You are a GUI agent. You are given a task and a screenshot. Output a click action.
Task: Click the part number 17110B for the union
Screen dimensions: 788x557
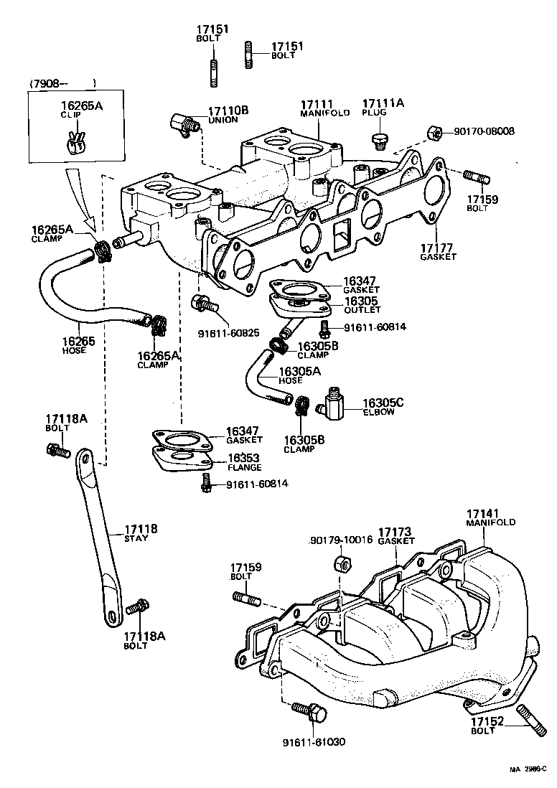[228, 111]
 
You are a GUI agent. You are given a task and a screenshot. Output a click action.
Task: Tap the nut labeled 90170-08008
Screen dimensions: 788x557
[434, 132]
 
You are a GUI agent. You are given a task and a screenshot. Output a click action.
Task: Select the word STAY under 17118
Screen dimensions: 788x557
[136, 538]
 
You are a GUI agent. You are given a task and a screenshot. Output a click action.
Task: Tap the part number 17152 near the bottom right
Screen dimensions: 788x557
[488, 721]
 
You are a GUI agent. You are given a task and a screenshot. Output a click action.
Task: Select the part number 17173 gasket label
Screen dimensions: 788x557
[394, 532]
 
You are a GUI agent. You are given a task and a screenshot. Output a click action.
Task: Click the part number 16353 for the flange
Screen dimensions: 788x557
[244, 458]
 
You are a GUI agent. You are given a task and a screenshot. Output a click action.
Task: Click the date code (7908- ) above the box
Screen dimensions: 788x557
[62, 84]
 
